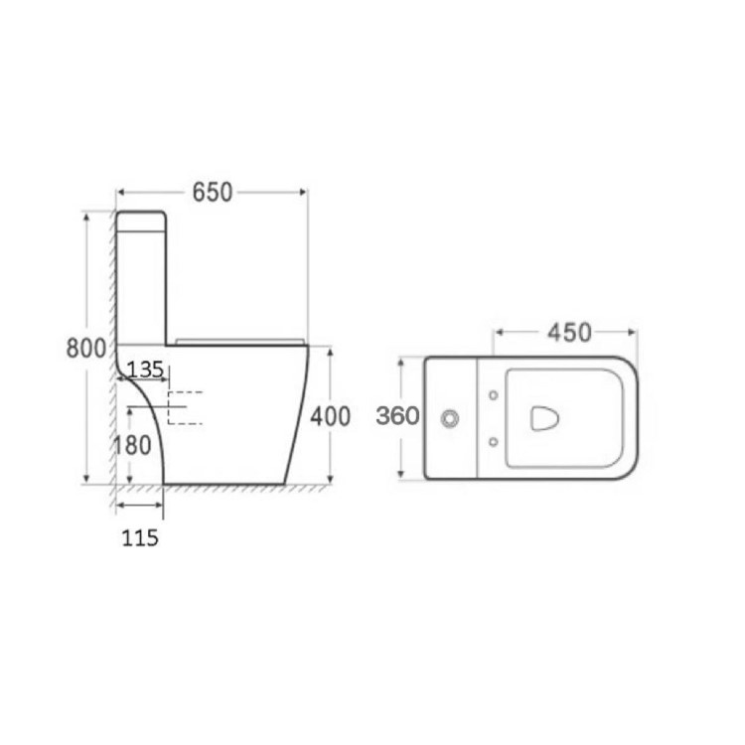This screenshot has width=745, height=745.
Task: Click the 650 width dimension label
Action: click(x=212, y=192)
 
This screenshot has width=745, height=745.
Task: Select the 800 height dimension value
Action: click(x=85, y=349)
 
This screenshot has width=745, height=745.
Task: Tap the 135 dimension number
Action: click(x=146, y=370)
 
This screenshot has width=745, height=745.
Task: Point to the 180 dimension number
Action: click(x=131, y=446)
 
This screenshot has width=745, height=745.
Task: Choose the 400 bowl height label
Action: click(x=331, y=416)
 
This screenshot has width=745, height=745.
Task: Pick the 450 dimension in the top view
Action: click(x=568, y=332)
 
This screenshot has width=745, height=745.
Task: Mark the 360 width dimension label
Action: click(x=396, y=417)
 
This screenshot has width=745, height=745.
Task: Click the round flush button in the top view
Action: click(x=450, y=419)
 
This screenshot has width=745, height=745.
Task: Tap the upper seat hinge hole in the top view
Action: click(x=494, y=396)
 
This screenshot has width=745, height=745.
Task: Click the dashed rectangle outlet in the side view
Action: click(x=185, y=407)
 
